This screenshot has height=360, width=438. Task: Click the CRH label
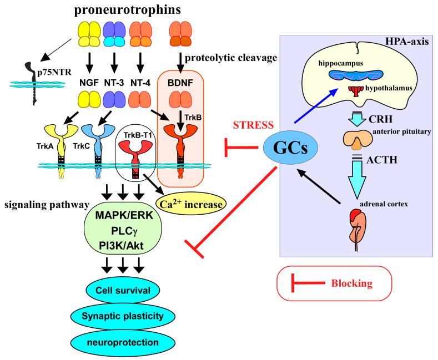[380, 119]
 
